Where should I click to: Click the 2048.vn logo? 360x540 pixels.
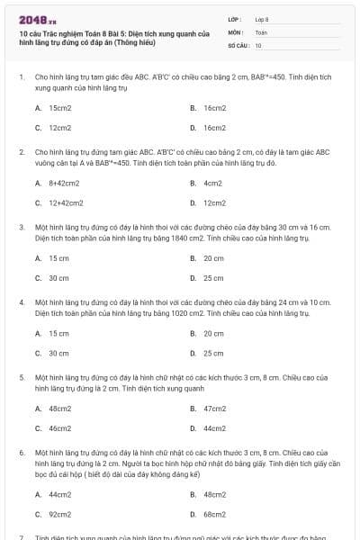tap(32, 18)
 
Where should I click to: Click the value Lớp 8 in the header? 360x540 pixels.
tap(262, 18)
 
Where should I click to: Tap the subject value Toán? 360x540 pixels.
tap(261, 31)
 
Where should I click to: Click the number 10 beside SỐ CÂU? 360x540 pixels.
tap(258, 44)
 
